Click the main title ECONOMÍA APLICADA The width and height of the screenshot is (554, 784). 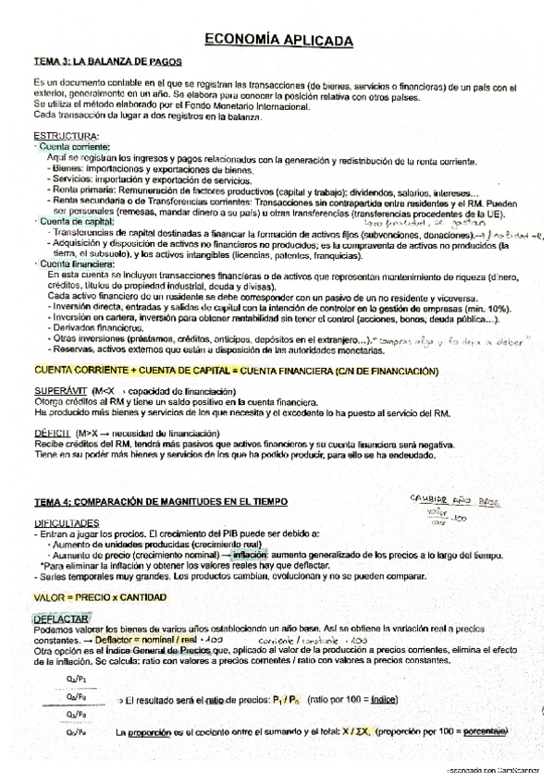[x=277, y=42]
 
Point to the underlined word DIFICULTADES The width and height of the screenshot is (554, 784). [x=66, y=522]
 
